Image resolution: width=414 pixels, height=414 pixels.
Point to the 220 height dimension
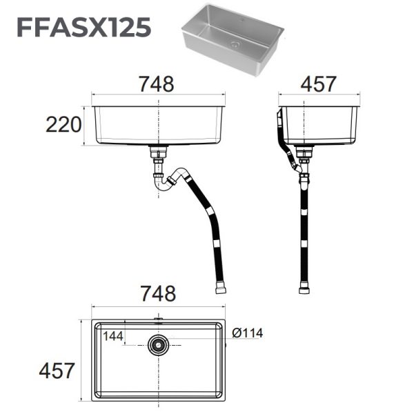[63, 126]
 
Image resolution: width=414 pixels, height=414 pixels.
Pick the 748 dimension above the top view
[159, 293]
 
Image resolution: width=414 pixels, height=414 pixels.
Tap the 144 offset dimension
[114, 336]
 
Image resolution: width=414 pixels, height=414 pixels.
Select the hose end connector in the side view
[303, 288]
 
